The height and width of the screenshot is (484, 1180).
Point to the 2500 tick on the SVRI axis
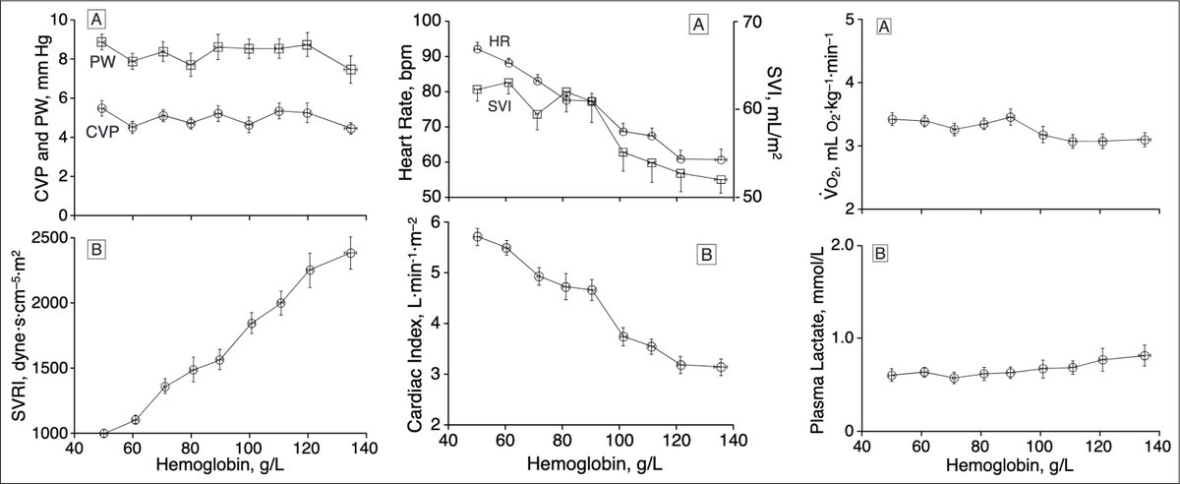click(50, 238)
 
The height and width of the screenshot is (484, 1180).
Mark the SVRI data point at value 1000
click(104, 433)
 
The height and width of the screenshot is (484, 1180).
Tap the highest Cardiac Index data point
click(478, 236)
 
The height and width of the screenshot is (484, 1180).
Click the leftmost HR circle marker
click(478, 48)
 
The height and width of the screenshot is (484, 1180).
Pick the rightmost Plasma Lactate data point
click(1144, 355)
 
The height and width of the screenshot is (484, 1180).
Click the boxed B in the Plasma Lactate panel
click(882, 254)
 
